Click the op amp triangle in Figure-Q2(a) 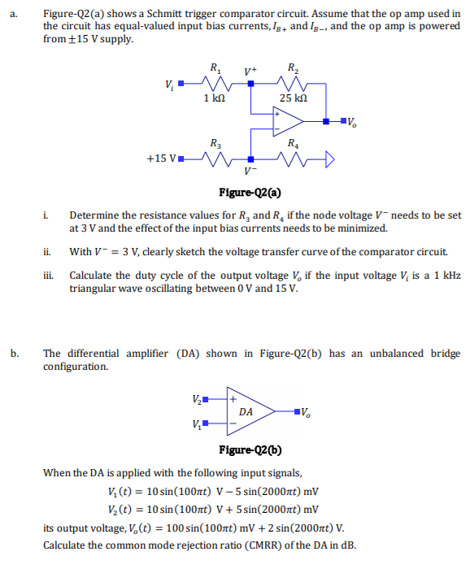pyautogui.click(x=288, y=121)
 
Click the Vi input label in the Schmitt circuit pyautogui.click(x=168, y=84)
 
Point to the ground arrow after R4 pyautogui.click(x=329, y=159)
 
